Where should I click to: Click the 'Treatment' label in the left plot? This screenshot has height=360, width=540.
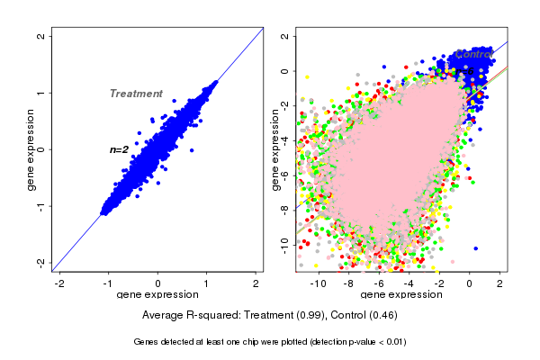(136, 94)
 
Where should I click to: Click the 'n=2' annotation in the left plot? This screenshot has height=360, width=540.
(120, 149)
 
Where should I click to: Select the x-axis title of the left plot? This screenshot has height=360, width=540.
(157, 295)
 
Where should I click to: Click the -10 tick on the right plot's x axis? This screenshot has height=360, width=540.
(318, 283)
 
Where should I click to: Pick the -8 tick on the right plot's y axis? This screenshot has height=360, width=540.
(283, 208)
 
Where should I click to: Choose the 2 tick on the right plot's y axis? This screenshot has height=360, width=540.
(283, 37)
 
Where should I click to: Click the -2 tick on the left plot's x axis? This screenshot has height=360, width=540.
(60, 283)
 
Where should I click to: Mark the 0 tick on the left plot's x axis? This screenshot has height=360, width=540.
(158, 283)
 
